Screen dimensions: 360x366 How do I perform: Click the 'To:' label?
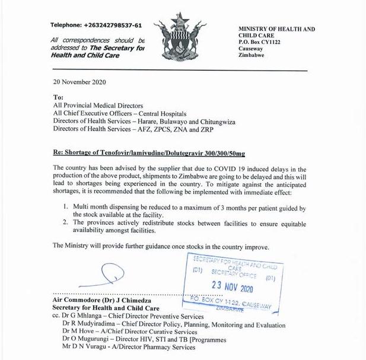point(58,97)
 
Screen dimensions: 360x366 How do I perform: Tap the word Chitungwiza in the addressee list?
point(214,122)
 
